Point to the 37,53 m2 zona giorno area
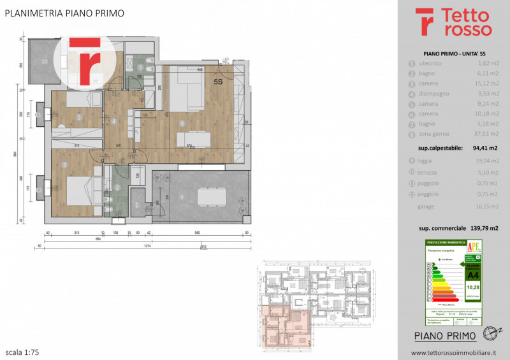pyautogui.click(x=486, y=134)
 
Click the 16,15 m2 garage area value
pyautogui.click(x=488, y=206)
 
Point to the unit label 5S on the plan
pyautogui.click(x=218, y=82)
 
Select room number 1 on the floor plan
pyautogui.click(x=137, y=205)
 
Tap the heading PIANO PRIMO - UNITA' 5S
pyautogui.click(x=450, y=54)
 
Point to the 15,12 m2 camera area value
pyautogui.click(x=488, y=83)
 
